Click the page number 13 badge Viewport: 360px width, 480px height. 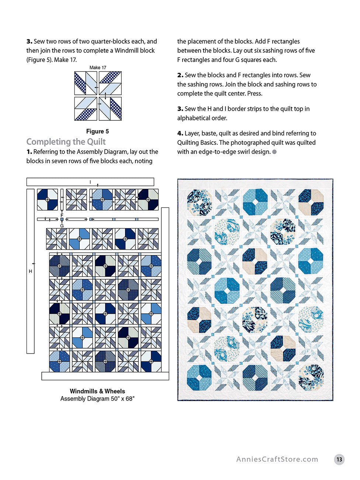click(339, 459)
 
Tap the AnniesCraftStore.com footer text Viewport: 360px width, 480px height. click(277, 459)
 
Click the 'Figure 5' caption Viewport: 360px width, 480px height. click(97, 131)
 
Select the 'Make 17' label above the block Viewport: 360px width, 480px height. click(98, 68)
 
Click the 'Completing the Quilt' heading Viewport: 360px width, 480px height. click(66, 142)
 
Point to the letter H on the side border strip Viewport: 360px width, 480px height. click(31, 271)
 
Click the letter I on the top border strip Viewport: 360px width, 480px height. click(90, 182)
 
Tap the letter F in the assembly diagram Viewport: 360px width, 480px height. click(62, 215)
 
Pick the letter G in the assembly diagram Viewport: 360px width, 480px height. click(62, 226)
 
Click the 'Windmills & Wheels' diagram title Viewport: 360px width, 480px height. click(97, 391)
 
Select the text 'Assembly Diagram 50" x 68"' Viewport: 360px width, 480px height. click(97, 399)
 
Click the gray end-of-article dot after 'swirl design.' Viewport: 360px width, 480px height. click(274, 152)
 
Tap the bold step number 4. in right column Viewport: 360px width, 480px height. click(180, 133)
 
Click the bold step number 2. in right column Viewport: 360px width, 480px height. click(180, 75)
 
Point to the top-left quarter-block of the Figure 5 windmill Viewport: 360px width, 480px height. click(86, 83)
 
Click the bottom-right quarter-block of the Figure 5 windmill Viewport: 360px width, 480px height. click(110, 109)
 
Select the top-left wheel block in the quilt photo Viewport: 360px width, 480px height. click(199, 202)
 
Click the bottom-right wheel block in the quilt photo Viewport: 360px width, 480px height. click(311, 377)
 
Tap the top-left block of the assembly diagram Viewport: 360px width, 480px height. click(47, 199)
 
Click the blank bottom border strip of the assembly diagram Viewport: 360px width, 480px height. click(105, 376)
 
